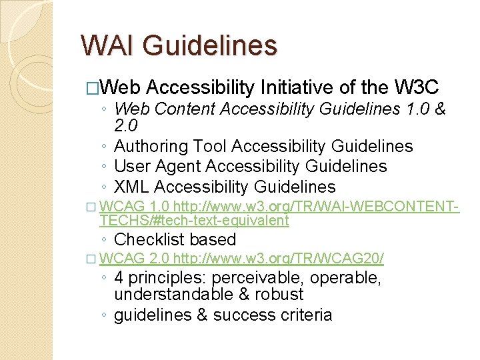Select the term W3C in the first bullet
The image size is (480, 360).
click(417, 87)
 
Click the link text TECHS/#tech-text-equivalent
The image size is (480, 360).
click(194, 221)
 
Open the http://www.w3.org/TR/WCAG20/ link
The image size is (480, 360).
click(279, 259)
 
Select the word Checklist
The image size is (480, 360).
click(149, 239)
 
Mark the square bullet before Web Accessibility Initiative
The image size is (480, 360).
click(92, 88)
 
